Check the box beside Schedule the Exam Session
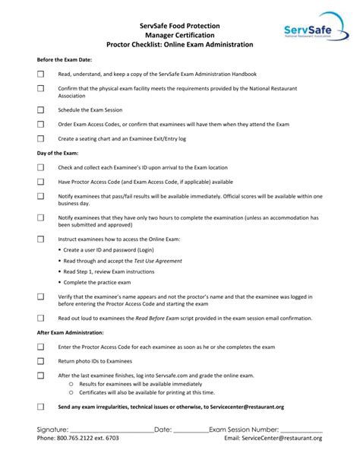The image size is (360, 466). tap(41, 109)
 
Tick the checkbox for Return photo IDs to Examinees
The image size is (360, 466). tap(41, 361)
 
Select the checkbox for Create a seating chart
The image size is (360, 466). tap(41, 138)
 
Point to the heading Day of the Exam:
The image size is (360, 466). tap(58, 153)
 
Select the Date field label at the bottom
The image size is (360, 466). tap(163, 430)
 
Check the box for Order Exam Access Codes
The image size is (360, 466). tap(41, 124)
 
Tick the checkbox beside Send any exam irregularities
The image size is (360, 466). tap(41, 407)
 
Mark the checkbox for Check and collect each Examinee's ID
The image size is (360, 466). tap(41, 167)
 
